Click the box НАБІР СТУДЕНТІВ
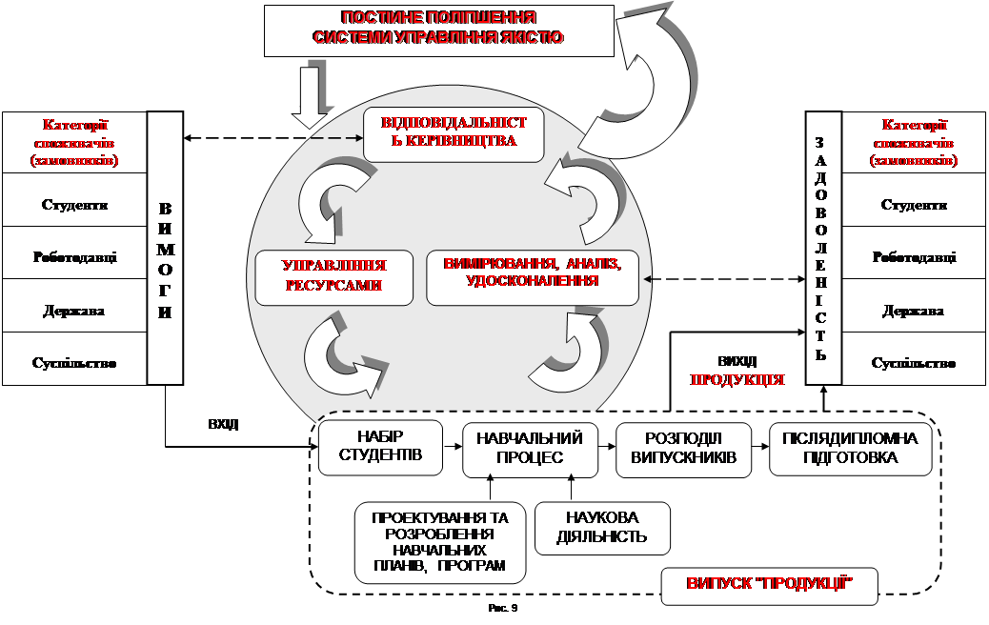[380, 448]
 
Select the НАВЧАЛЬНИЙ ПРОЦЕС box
[531, 449]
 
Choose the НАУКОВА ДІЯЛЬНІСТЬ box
[602, 527]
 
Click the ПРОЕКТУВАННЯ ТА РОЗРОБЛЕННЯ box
[440, 543]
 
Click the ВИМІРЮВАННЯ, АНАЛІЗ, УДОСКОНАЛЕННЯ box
[533, 277]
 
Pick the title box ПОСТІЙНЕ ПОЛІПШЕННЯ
[439, 30]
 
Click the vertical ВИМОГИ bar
[165, 248]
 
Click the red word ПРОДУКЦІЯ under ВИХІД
[737, 379]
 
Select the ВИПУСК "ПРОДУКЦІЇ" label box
[769, 583]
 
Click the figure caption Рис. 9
[502, 609]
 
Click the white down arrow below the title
[309, 97]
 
